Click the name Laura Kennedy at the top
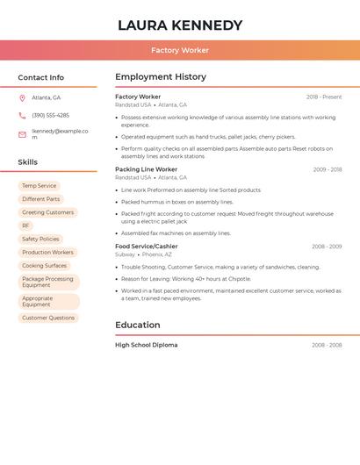(x=180, y=25)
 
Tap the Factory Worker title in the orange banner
(x=180, y=50)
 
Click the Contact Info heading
(x=40, y=77)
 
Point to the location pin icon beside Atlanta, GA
(x=22, y=98)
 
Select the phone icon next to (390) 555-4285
(x=22, y=116)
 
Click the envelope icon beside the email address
(x=22, y=134)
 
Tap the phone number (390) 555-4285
(x=50, y=116)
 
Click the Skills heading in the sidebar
(x=27, y=162)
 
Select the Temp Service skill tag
(x=39, y=186)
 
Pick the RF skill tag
(x=25, y=225)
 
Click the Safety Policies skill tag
(x=40, y=239)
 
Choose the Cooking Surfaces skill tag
(x=44, y=265)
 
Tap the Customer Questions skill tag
(x=48, y=318)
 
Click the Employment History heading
(x=161, y=77)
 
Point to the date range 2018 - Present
(x=324, y=97)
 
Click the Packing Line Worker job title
(x=146, y=169)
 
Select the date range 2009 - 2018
(x=328, y=170)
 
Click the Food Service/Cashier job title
(x=147, y=247)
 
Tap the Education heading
(x=137, y=325)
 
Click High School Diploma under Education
(x=146, y=345)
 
